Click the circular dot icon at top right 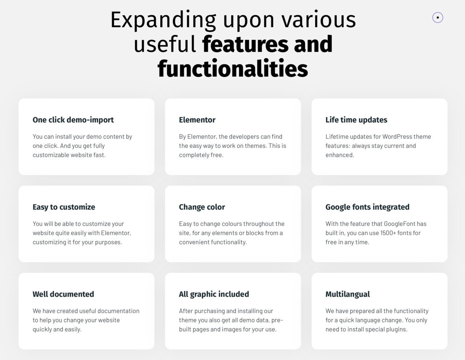coord(438,17)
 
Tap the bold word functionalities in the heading coord(232,68)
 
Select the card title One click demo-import coord(73,120)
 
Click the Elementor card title coord(197,120)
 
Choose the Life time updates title coord(356,120)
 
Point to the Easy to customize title coord(64,207)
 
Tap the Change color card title coord(202,207)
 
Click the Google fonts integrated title coord(367,207)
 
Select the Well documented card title coord(63,294)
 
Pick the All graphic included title coord(214,294)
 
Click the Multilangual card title coord(348,294)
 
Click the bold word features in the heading coord(246,44)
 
